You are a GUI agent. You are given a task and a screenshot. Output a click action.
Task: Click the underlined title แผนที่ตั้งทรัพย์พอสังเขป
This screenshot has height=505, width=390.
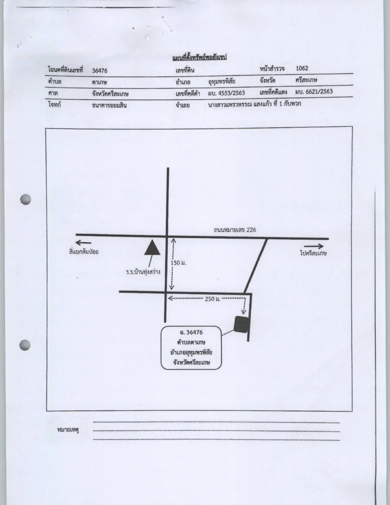[x=199, y=57]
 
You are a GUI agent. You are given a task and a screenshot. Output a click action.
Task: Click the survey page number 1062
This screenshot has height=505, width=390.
[x=302, y=68]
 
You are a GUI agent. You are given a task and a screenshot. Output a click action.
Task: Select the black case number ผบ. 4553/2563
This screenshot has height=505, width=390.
[x=226, y=93]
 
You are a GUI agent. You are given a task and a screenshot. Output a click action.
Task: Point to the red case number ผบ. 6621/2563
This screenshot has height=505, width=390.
[x=314, y=91]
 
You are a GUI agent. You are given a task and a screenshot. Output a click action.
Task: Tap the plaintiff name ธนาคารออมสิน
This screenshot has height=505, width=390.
[x=109, y=105]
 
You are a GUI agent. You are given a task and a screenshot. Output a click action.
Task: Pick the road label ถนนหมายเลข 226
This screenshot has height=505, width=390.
[x=235, y=230]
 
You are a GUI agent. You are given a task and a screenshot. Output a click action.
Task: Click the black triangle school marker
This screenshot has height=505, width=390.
[x=152, y=248]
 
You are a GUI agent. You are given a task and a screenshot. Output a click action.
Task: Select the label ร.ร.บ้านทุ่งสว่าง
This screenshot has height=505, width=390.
[x=143, y=272]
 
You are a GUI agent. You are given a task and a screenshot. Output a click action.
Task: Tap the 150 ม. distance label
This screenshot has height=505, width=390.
[x=178, y=263]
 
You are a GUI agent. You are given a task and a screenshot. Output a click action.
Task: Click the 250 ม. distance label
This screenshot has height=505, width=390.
[x=212, y=299]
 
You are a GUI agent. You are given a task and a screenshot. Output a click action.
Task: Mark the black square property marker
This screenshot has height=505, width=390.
[x=242, y=324]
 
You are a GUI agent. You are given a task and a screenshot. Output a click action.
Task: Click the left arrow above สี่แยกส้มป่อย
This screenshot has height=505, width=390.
[x=83, y=243]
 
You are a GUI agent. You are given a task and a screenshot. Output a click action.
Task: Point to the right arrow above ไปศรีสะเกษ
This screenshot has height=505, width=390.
[x=314, y=246]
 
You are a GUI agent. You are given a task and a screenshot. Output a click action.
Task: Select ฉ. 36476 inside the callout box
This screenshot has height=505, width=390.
[x=191, y=332]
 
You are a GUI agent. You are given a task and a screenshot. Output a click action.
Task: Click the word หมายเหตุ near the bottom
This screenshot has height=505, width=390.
[x=68, y=430]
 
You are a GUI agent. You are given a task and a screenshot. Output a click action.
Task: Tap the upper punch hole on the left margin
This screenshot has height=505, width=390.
[x=26, y=199]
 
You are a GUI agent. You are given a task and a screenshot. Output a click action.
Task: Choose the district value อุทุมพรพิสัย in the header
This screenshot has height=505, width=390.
[x=222, y=81]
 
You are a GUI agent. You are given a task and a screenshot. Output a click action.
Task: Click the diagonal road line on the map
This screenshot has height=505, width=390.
[x=256, y=266]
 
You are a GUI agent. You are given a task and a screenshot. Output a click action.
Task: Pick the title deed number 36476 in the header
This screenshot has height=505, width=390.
[x=100, y=71]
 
